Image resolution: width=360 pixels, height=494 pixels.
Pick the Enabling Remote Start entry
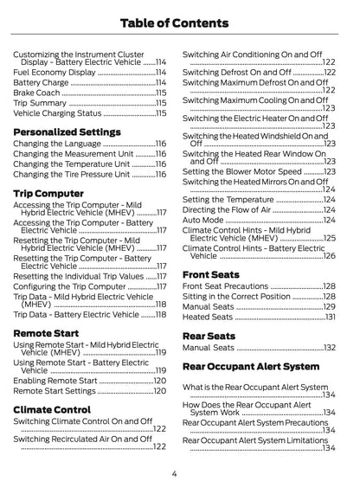pyautogui.click(x=55, y=381)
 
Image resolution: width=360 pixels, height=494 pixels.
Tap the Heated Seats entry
pyautogui.click(x=209, y=318)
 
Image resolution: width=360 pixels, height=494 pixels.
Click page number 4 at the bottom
pyautogui.click(x=174, y=473)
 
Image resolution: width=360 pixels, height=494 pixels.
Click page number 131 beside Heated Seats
pyautogui.click(x=330, y=318)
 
